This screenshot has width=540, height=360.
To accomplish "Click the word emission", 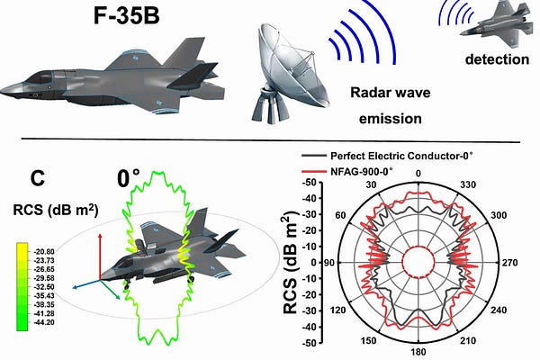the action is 385,117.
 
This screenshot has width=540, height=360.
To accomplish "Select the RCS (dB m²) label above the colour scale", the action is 57,211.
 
